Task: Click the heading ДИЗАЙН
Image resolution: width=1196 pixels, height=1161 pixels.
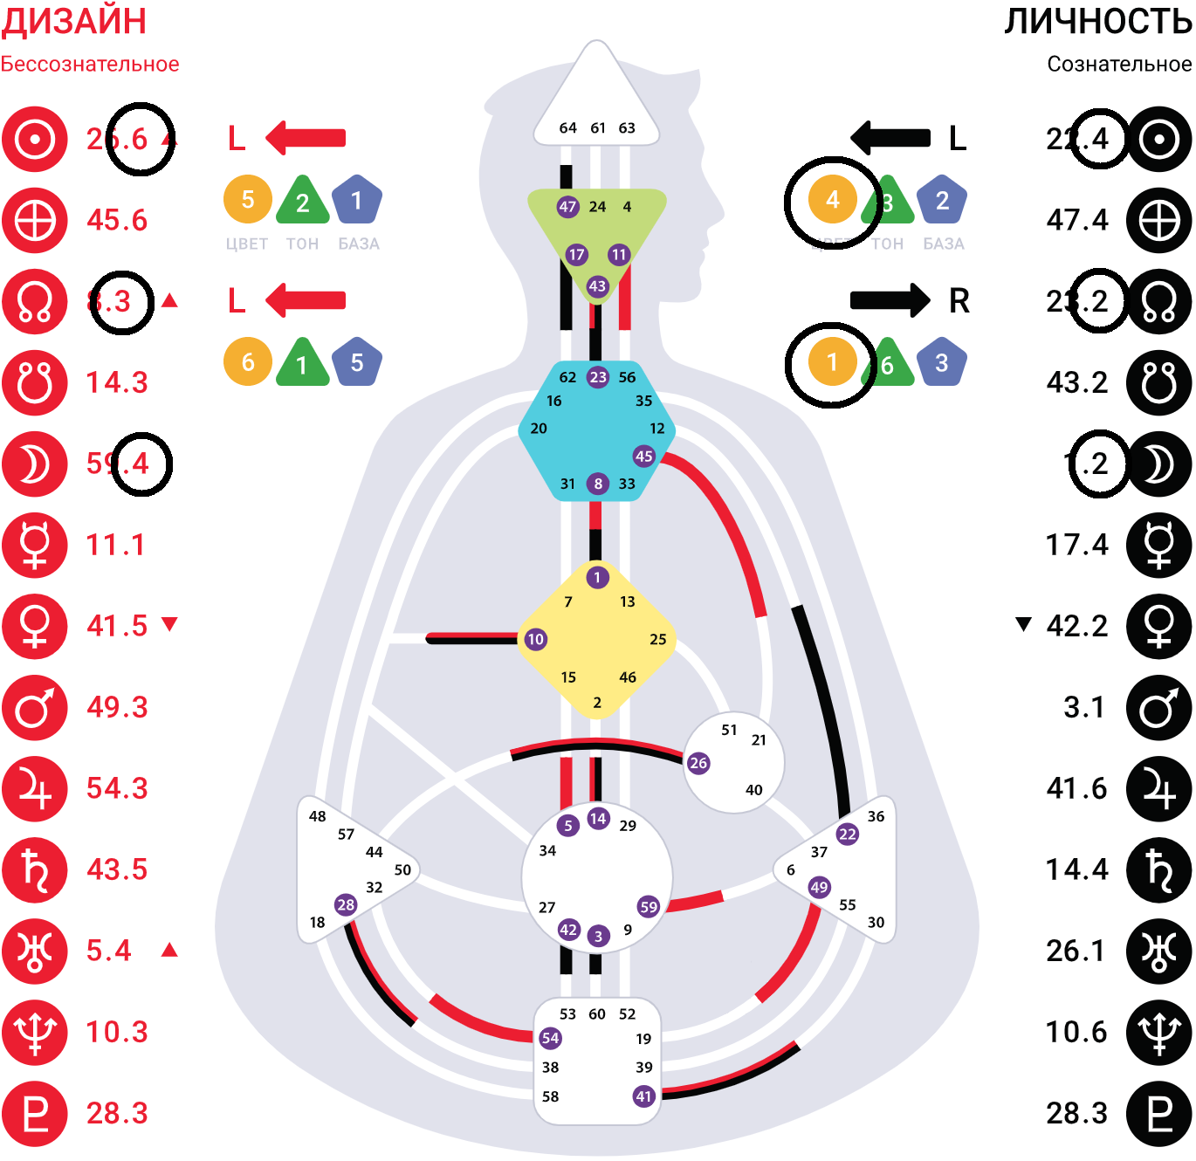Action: (73, 21)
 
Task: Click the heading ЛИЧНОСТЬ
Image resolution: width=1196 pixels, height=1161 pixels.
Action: (1097, 21)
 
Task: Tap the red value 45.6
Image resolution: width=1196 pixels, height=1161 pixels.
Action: (117, 220)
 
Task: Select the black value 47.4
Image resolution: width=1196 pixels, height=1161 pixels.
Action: (1077, 220)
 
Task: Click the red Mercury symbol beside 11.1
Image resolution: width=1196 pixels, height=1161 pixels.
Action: (35, 545)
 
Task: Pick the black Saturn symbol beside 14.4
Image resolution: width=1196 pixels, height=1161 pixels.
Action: (1158, 869)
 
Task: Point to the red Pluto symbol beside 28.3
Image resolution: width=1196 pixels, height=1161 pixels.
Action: (35, 1113)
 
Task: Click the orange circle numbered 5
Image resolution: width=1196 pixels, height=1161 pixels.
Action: (248, 200)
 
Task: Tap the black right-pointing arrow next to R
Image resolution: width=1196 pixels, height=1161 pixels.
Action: (890, 300)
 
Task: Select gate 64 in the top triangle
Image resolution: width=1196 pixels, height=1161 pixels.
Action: (567, 128)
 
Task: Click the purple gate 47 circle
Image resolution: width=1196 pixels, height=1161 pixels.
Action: (567, 207)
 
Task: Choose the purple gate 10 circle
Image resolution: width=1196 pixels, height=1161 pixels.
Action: (535, 639)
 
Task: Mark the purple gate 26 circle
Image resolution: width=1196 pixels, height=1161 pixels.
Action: (698, 763)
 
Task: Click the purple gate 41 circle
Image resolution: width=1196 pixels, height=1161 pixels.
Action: (643, 1096)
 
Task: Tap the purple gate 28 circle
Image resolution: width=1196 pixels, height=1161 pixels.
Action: (346, 904)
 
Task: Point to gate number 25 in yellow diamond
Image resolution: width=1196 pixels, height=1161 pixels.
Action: (657, 639)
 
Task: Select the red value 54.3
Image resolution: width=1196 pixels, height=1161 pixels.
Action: (117, 788)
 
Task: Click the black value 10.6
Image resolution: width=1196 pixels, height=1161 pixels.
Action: (1076, 1032)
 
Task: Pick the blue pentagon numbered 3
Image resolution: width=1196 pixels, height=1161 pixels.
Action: (941, 363)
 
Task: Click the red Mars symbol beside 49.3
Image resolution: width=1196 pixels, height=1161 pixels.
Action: (35, 707)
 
